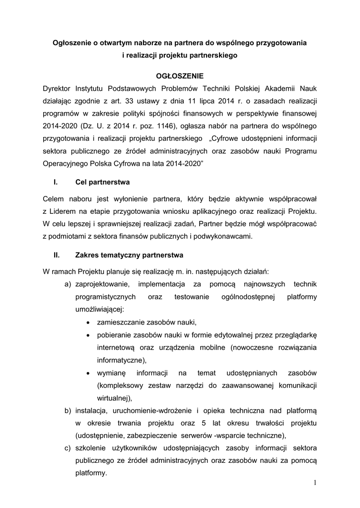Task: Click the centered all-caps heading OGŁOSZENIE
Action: click(x=180, y=75)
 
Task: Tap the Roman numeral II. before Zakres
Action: click(x=57, y=255)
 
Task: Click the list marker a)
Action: click(x=68, y=284)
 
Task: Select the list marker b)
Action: click(x=68, y=411)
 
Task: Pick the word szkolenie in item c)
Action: click(x=92, y=448)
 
